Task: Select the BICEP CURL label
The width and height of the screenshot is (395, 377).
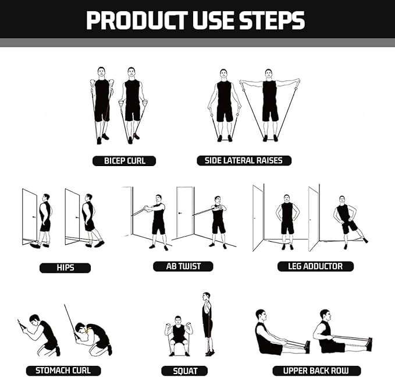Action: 124,161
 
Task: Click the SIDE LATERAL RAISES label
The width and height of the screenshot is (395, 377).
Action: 244,160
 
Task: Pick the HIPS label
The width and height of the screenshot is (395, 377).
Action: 65,268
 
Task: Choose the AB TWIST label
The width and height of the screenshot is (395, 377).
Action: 183,266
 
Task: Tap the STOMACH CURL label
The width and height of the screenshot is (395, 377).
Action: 63,370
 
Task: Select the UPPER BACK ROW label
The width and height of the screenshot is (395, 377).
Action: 316,371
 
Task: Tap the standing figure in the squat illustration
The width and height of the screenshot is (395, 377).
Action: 207,323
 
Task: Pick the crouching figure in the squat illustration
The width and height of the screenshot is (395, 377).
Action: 179,335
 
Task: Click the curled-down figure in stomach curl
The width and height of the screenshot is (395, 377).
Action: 95,335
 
